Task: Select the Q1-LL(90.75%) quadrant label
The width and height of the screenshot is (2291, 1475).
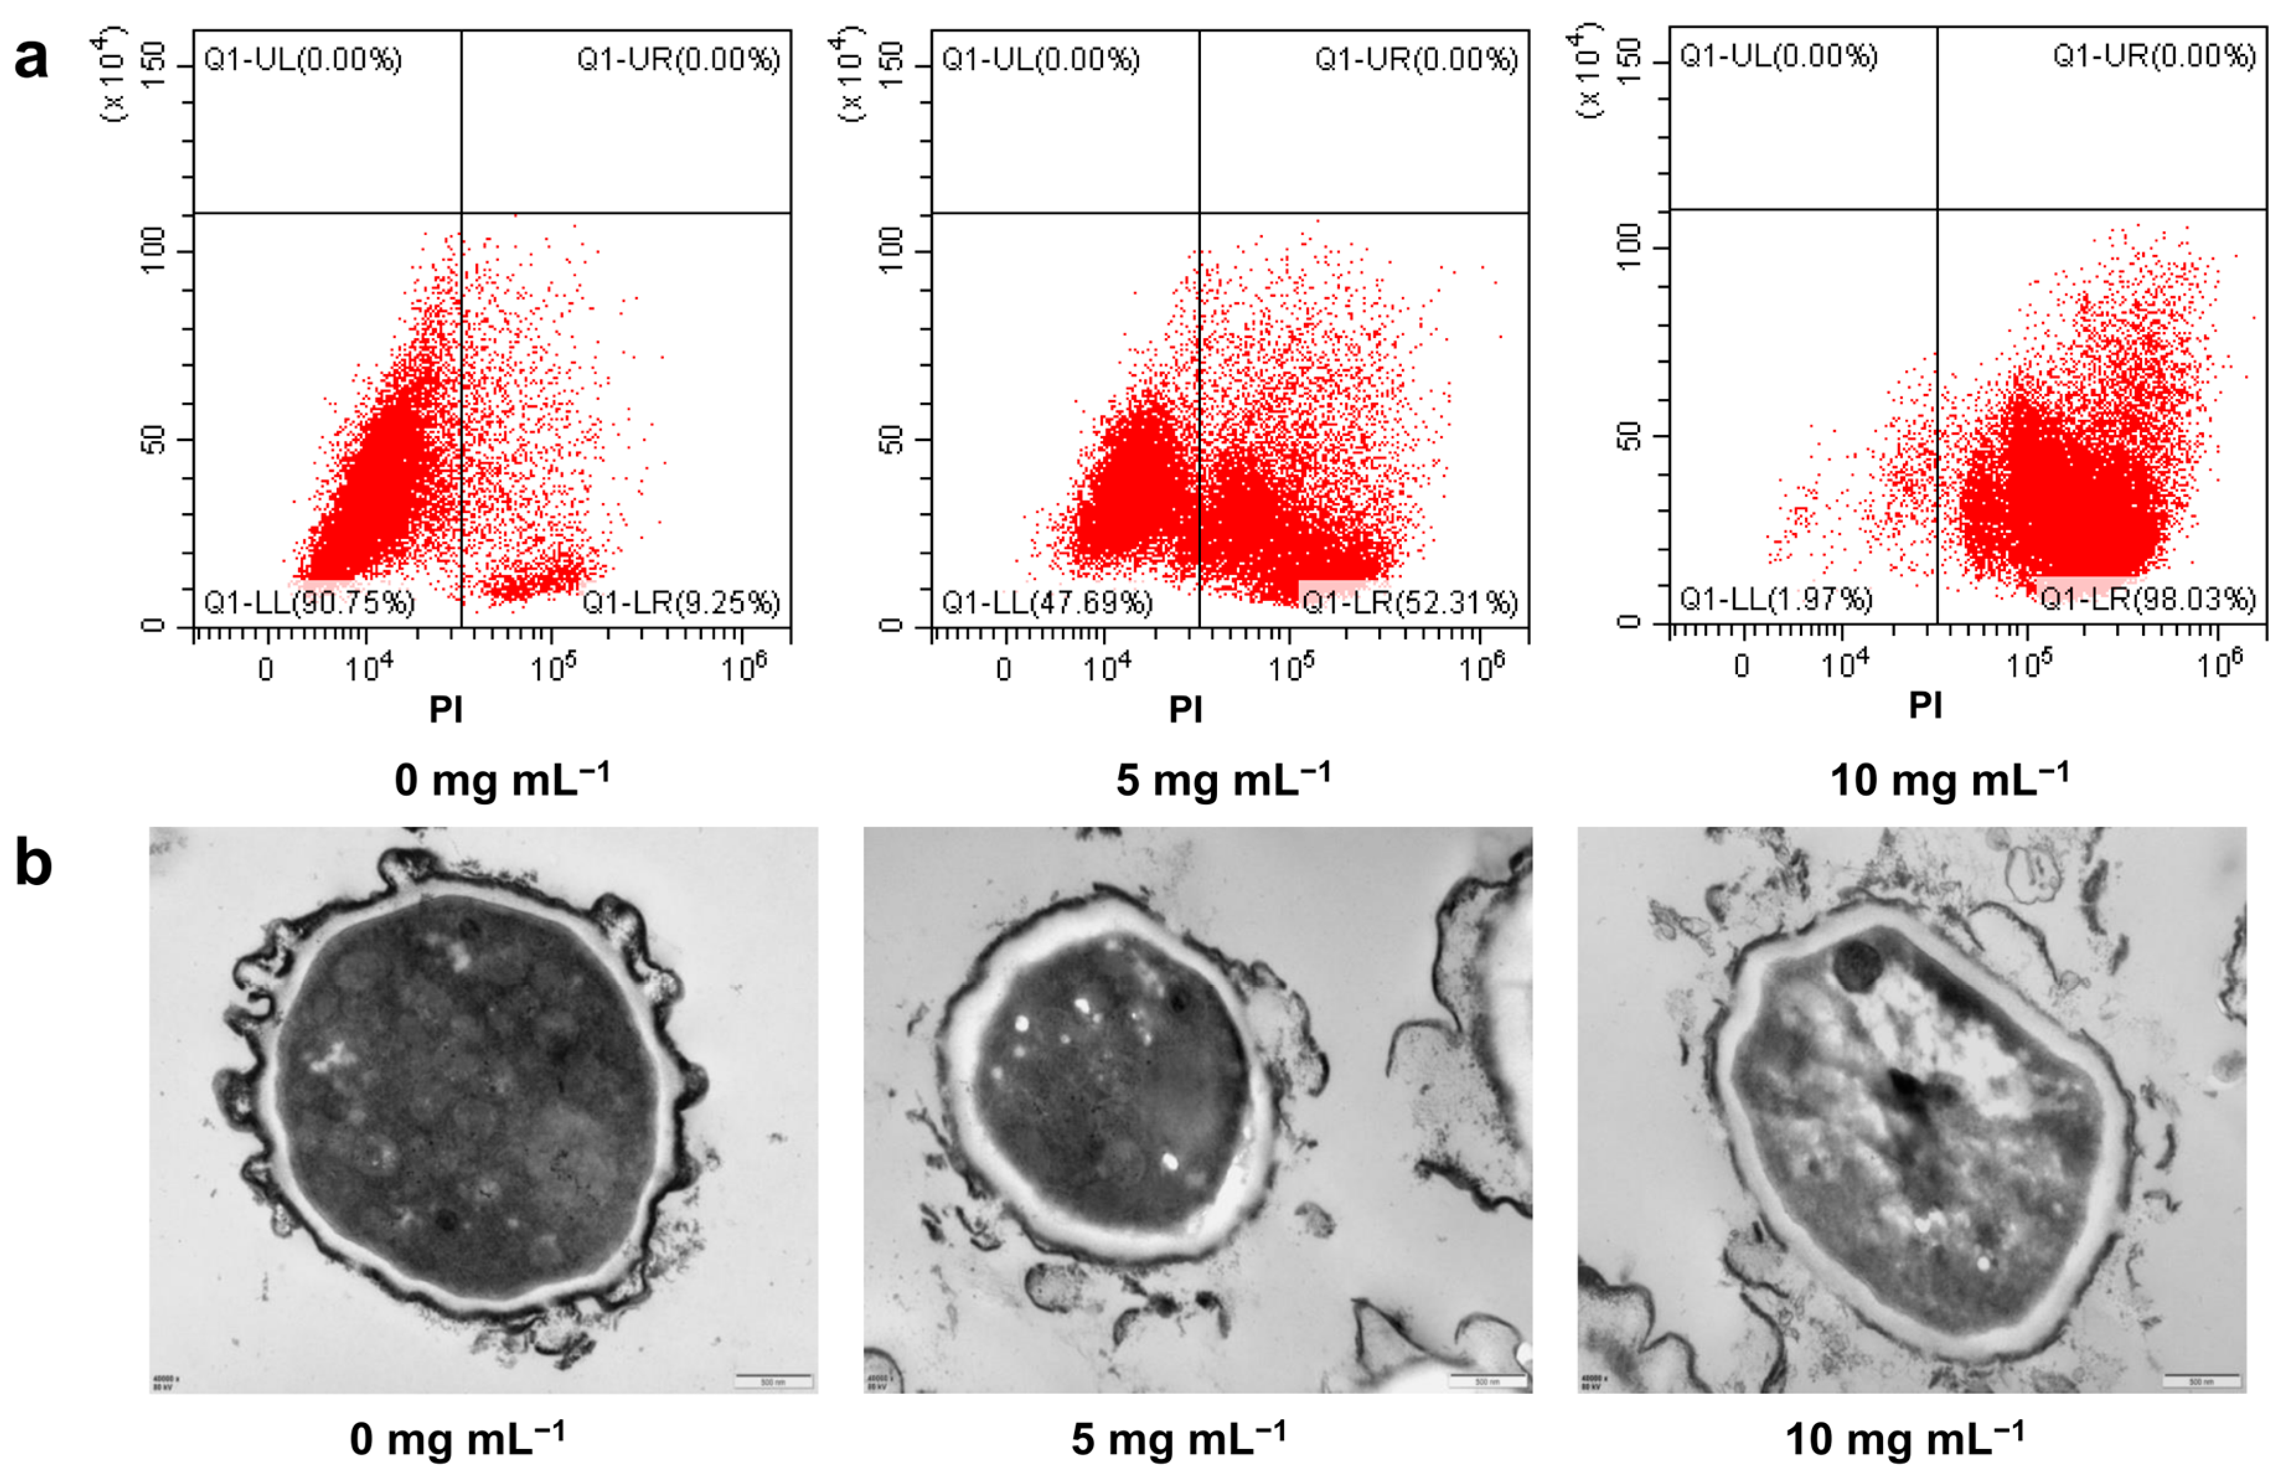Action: tap(309, 602)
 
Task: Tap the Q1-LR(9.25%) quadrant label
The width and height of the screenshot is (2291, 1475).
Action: tap(681, 602)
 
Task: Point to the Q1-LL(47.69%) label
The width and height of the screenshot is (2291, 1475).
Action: tap(1047, 602)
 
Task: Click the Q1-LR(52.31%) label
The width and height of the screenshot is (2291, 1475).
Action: tap(1410, 602)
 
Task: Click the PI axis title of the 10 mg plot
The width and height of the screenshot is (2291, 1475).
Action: tap(1925, 705)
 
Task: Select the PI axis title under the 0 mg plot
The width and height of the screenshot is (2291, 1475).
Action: tap(446, 709)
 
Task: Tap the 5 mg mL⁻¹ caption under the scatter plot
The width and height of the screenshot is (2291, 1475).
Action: tap(1223, 780)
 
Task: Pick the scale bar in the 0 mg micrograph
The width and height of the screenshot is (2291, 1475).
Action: tap(774, 1380)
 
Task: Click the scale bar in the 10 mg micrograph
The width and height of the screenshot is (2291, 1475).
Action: tap(2202, 1380)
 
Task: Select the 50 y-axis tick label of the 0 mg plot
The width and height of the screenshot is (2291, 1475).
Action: tap(153, 440)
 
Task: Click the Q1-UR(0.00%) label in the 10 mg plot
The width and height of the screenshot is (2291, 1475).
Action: tap(2154, 56)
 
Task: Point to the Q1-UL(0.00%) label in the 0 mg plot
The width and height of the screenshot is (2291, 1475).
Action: tap(303, 60)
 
